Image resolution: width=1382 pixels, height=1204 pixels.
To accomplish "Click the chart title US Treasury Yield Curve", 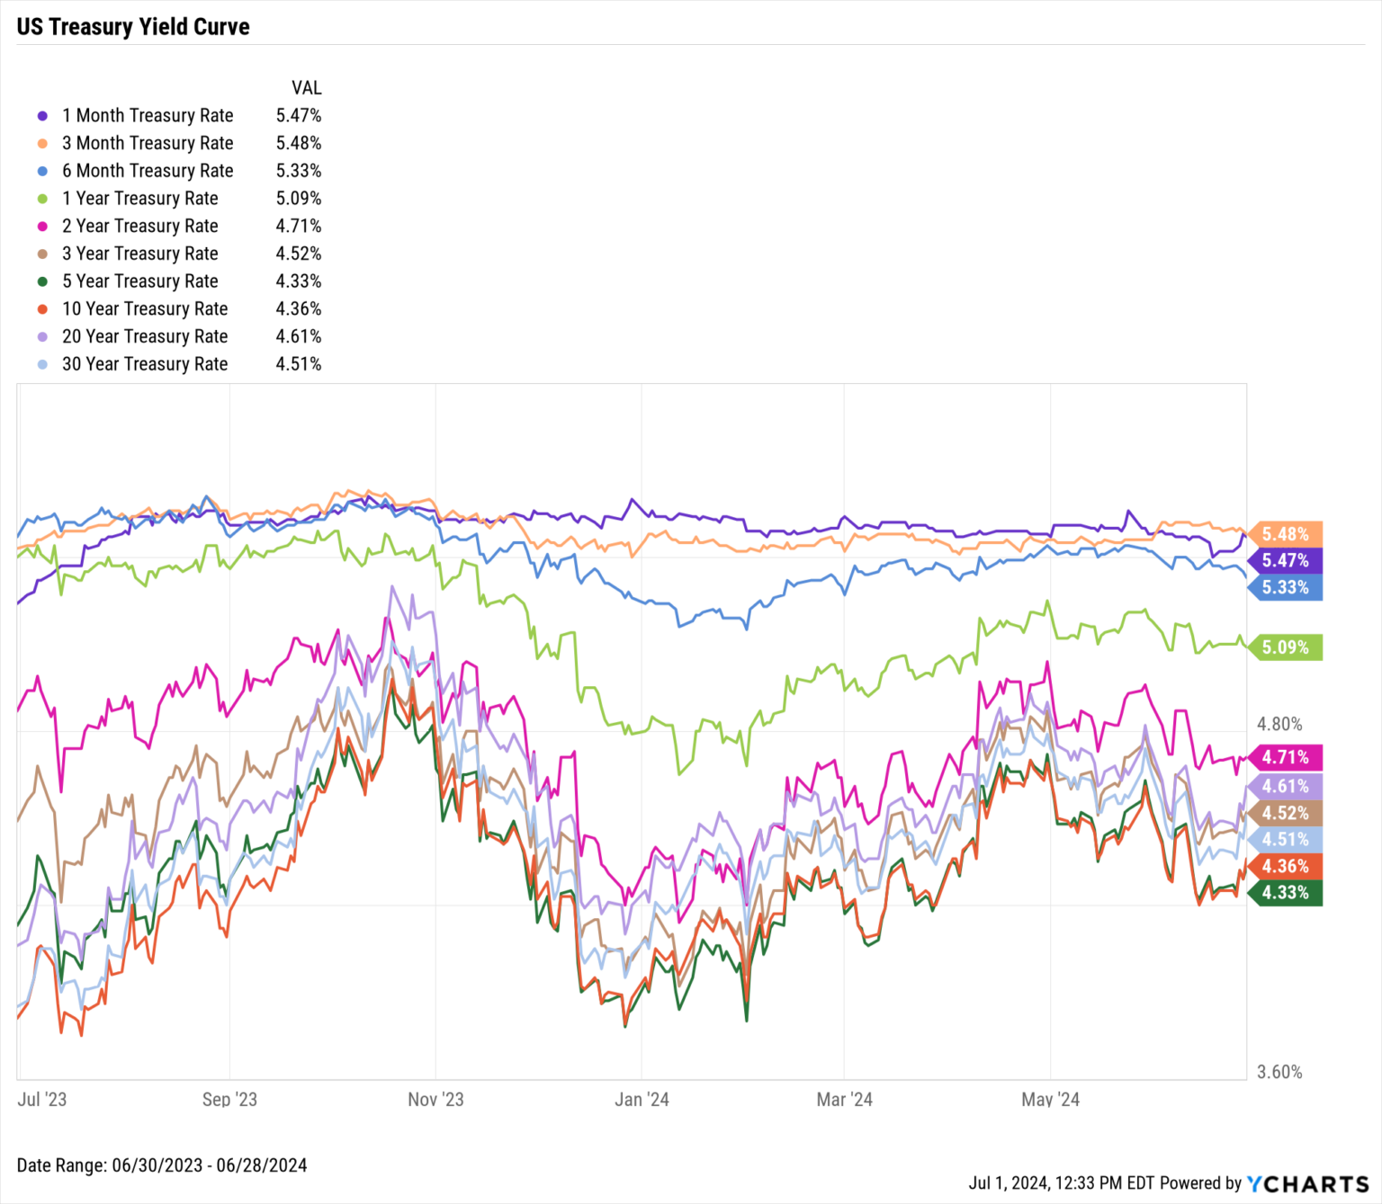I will click(133, 27).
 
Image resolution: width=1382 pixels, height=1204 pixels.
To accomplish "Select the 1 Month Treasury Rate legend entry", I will click(147, 115).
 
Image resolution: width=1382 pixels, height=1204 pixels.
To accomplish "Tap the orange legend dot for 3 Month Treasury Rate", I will click(42, 144).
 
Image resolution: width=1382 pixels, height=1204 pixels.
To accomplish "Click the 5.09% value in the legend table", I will click(298, 198).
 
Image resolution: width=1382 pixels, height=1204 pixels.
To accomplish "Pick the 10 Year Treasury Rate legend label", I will click(144, 308).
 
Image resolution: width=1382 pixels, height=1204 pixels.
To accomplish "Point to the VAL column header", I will click(306, 88).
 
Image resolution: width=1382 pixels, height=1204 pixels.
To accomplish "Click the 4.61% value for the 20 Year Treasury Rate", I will click(298, 336).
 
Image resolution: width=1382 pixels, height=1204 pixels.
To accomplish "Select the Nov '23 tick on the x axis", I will click(435, 1099).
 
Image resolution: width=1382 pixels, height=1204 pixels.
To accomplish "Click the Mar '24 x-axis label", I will click(844, 1099).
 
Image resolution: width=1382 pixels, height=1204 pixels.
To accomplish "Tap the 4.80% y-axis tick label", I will click(1279, 724).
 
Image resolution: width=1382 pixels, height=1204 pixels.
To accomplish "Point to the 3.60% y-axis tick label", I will click(1279, 1072).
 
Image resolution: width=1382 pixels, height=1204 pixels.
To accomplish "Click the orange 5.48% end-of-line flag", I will click(1286, 534).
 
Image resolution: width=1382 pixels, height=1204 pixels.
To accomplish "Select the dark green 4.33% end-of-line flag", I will click(1286, 893).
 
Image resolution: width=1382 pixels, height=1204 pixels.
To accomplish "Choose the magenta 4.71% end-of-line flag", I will click(1286, 757).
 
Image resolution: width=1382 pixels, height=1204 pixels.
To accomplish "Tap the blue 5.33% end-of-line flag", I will click(1286, 588).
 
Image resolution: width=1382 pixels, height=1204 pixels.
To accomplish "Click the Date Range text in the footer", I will click(162, 1165).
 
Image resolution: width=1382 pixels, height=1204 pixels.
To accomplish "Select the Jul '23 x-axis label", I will click(42, 1099).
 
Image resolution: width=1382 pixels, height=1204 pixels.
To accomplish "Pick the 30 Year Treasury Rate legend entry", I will click(144, 364).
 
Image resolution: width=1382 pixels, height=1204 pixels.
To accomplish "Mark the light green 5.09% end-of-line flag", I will click(1286, 647).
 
